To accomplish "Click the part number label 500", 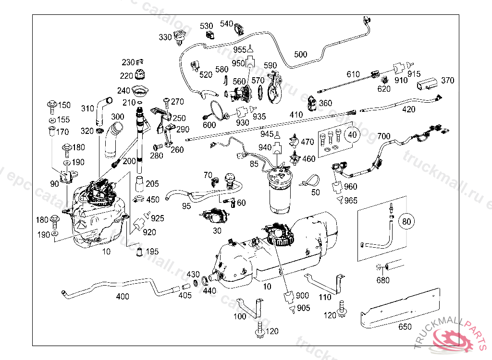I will click(x=300, y=54).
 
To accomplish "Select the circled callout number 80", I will click(x=407, y=221).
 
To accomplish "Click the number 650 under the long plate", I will click(x=405, y=327).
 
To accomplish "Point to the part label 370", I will click(x=447, y=80).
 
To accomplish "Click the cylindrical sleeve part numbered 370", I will click(x=427, y=84).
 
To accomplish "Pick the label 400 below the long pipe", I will click(x=123, y=296).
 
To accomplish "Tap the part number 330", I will click(x=165, y=37).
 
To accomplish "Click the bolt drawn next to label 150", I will click(x=51, y=105).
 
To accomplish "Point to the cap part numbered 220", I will click(x=141, y=76).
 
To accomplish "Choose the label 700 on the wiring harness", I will click(x=384, y=136).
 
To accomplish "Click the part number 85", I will click(x=254, y=163).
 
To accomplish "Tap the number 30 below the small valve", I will click(x=217, y=230).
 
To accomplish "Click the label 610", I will click(x=353, y=74).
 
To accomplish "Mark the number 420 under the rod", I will click(x=408, y=109).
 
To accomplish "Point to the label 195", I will click(x=152, y=252).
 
